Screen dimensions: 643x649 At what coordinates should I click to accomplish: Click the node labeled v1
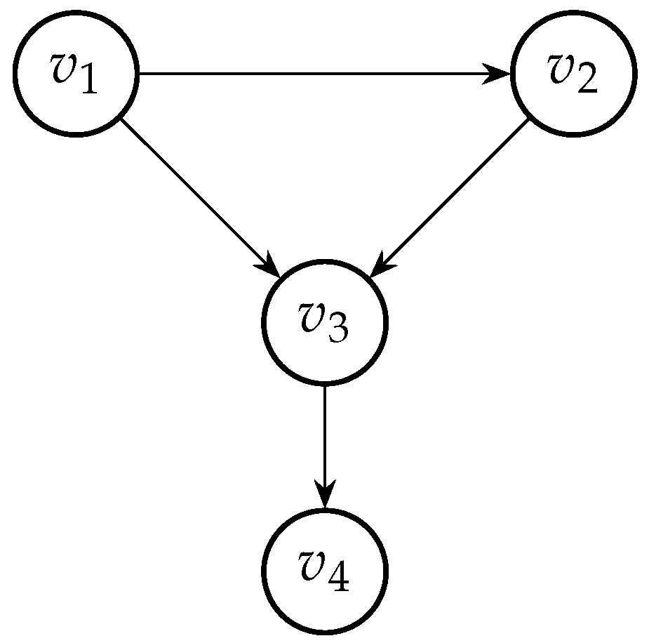76,73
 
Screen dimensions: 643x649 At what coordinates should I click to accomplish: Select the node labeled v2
573,73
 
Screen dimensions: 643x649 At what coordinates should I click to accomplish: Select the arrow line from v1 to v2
316,73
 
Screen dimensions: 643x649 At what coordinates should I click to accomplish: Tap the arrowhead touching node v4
325,496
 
